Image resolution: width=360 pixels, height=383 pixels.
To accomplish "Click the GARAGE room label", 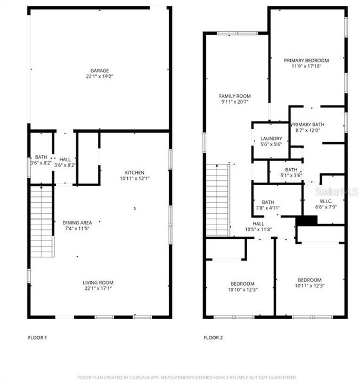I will pos(100,70).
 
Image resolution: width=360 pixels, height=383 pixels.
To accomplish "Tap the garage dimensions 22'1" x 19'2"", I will pos(100,76).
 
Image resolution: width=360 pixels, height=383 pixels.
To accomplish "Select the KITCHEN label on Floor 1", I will pos(134,172).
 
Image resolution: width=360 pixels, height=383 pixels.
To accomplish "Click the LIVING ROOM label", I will pos(97,282).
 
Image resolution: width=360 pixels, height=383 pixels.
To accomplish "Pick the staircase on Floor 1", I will pos(42,221).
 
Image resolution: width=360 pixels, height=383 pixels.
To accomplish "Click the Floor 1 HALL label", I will pos(65,159).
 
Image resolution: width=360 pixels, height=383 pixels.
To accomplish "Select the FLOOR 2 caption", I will pos(214,337).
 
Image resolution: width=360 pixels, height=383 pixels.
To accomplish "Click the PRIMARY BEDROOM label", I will pos(306,61).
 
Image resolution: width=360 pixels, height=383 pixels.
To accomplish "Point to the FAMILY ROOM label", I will pos(235,96).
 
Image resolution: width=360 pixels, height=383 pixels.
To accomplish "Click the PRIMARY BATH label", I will pos(307,124).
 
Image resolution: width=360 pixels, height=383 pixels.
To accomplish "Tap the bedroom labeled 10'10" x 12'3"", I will pos(242,284).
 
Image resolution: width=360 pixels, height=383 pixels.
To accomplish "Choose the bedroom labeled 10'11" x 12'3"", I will pos(309,280).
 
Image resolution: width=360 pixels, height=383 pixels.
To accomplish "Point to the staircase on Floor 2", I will pos(217,200).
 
